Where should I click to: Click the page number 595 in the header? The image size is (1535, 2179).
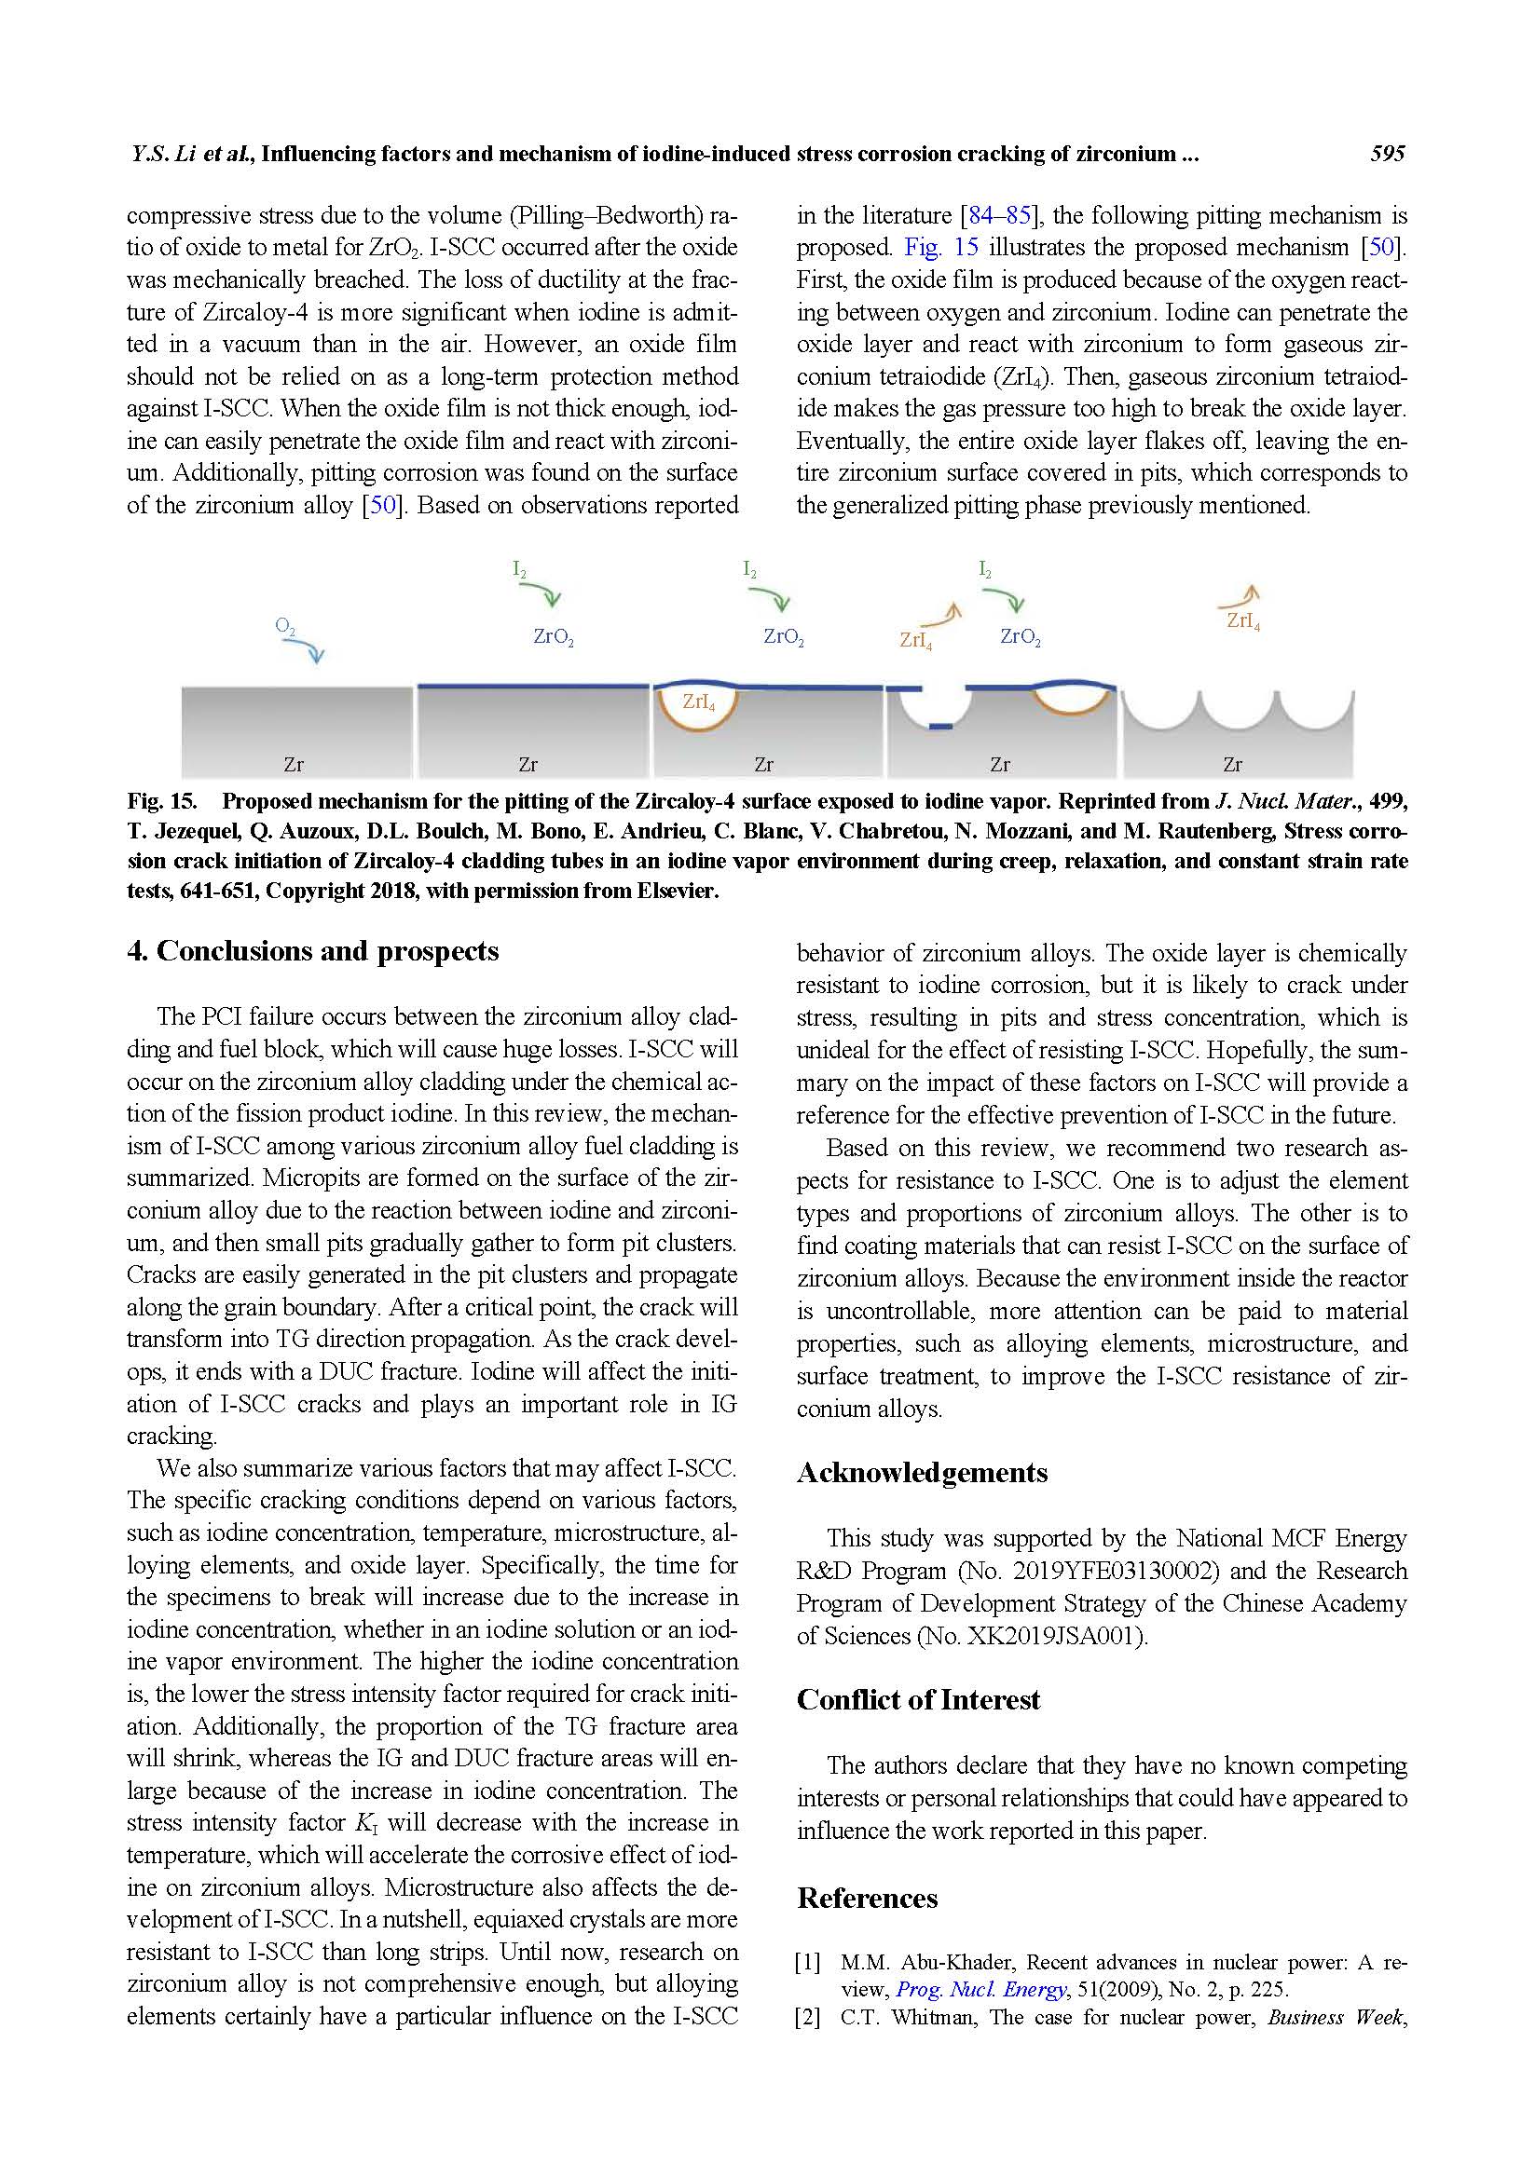(1387, 154)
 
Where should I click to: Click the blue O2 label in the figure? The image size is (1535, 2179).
(285, 626)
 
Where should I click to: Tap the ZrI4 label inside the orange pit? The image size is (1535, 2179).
(699, 701)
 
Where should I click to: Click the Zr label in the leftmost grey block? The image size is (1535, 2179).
(295, 764)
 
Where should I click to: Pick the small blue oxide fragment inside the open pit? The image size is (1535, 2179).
(939, 727)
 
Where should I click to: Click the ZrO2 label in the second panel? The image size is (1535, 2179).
(554, 637)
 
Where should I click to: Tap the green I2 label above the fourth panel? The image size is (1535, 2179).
(985, 569)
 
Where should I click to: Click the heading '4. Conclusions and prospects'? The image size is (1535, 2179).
(312, 951)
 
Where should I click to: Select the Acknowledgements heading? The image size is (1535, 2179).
(922, 1472)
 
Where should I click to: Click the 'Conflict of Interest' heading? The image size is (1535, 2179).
(918, 1699)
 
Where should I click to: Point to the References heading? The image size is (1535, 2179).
(867, 1897)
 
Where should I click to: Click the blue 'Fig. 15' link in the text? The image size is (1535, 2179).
(939, 248)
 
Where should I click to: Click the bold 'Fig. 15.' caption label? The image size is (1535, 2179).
(161, 801)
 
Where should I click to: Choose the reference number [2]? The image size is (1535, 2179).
(808, 2017)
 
